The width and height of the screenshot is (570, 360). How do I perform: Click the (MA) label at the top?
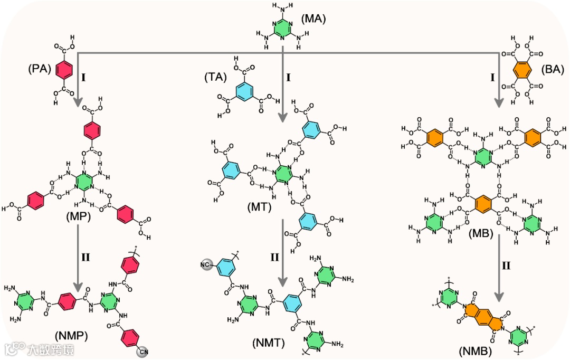point(313,20)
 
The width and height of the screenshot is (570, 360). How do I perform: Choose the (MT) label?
point(260,207)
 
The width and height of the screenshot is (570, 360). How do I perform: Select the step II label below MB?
point(506,266)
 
